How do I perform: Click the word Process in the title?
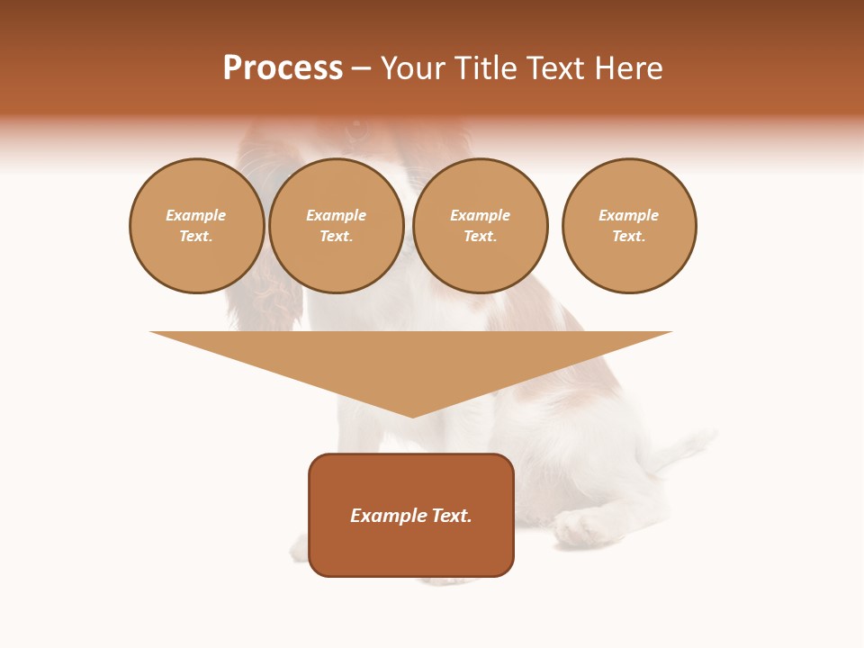tap(283, 68)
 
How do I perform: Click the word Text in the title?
tap(554, 68)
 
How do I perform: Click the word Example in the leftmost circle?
tap(196, 215)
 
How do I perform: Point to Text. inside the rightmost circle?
tap(629, 236)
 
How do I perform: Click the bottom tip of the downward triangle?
tap(412, 415)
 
